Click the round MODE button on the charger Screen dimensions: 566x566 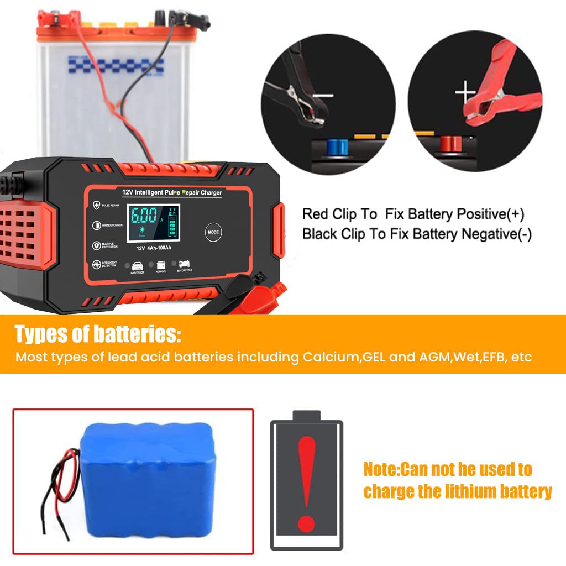(x=214, y=232)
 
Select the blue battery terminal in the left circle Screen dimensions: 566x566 (x=337, y=146)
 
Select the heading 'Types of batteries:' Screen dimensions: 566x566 (x=97, y=334)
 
